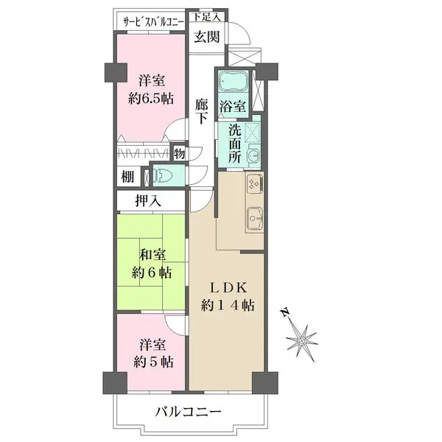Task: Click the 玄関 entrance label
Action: [207, 38]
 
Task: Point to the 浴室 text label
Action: [234, 107]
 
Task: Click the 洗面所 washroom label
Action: [234, 144]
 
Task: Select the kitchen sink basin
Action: [254, 219]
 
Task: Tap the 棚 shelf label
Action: [127, 176]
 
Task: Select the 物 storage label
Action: [179, 153]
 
